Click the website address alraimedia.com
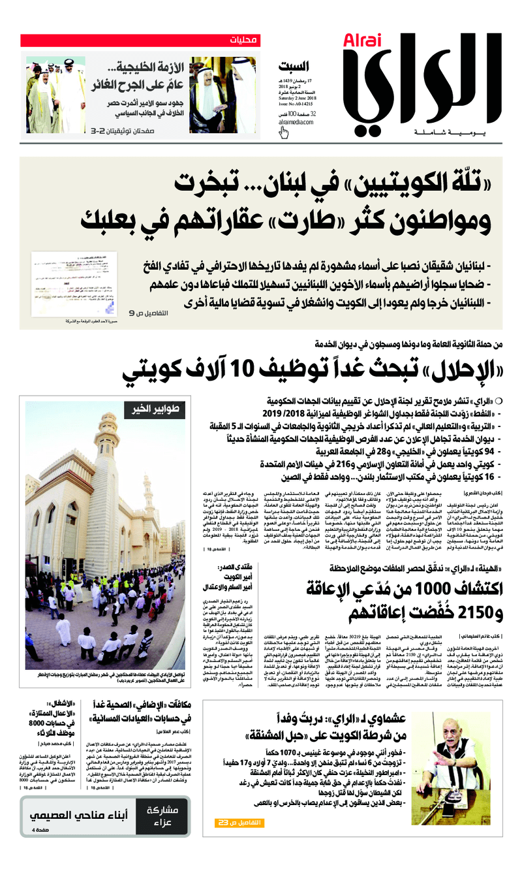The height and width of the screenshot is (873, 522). [298, 121]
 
